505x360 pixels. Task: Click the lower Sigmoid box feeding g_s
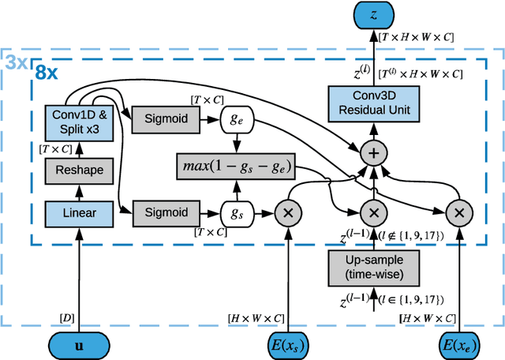pyautogui.click(x=166, y=212)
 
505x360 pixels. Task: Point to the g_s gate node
pyautogui.click(x=235, y=212)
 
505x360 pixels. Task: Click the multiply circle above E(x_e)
pyautogui.click(x=457, y=213)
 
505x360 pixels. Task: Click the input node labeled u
pyautogui.click(x=77, y=345)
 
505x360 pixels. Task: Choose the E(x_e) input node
pyautogui.click(x=457, y=345)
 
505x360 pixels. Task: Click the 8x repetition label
pyautogui.click(x=45, y=73)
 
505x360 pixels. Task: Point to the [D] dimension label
pyautogui.click(x=67, y=317)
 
